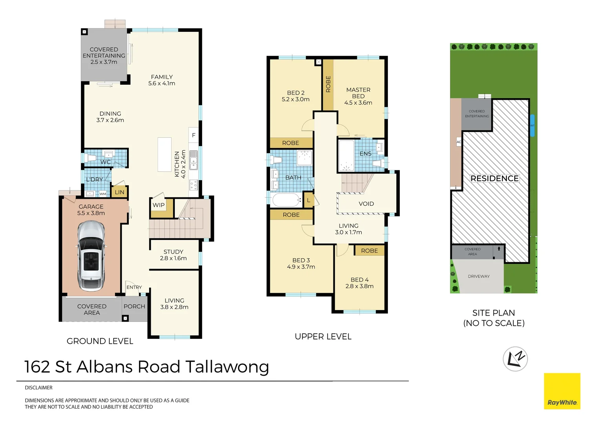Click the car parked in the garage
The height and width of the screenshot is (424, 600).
pos(91,256)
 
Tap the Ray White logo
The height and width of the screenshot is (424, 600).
pos(562,391)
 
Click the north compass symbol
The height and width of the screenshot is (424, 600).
pos(515,359)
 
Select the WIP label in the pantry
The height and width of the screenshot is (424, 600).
pos(159,205)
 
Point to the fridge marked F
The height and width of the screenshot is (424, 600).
pos(194,135)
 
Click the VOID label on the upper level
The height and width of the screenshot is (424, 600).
pos(366,204)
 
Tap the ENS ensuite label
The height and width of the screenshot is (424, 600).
pos(365,154)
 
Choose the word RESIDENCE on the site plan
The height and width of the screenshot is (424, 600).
pos(494,178)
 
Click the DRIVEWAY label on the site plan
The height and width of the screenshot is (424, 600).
pos(479,276)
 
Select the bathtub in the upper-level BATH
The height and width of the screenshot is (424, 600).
pos(286,200)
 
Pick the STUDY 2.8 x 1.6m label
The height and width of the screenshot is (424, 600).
pos(173,255)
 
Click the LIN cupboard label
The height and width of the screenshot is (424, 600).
pos(119,192)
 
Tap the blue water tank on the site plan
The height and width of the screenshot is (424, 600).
pos(532,126)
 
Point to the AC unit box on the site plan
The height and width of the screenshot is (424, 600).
pos(459,142)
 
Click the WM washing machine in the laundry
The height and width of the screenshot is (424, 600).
pos(103,194)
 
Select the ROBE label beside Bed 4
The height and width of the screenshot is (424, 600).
pos(370,251)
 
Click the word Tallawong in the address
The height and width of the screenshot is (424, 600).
pos(227,367)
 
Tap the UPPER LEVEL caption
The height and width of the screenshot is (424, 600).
pos(323,336)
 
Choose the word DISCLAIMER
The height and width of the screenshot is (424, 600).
pos(38,387)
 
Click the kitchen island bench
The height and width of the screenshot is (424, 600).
pos(165,155)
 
